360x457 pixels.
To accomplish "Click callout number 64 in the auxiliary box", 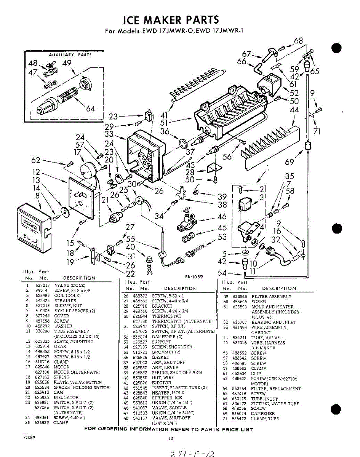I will [90, 109].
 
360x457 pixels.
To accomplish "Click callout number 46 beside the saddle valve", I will [222, 217].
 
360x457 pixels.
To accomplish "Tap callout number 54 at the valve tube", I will [223, 272].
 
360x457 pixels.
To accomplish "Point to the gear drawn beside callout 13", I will [64, 212].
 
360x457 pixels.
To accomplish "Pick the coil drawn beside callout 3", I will [245, 206].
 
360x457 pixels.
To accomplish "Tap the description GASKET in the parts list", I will [160, 357].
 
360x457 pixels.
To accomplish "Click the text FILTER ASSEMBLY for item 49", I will [271, 296].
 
